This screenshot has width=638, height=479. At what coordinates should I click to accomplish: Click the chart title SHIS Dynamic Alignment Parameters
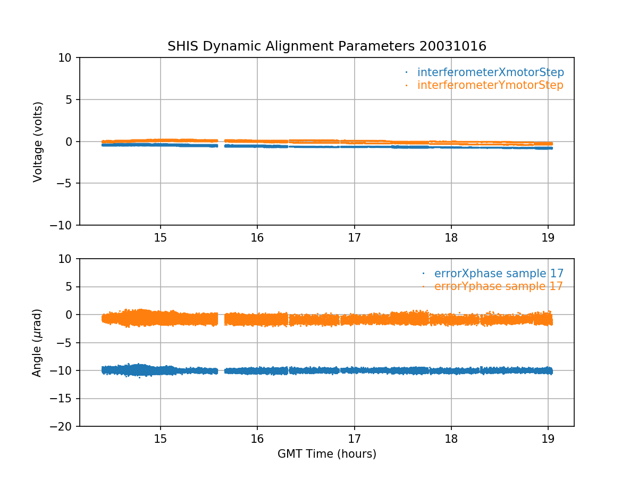tap(290, 46)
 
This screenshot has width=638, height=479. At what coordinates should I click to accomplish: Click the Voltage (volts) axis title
tap(38, 142)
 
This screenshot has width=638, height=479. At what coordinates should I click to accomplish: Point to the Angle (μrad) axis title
tap(37, 343)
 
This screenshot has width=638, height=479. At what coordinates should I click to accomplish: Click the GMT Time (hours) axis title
tap(326, 454)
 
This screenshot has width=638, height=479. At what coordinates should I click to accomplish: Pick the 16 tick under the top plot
tap(257, 238)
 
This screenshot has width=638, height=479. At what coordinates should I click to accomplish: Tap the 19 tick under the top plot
tap(548, 238)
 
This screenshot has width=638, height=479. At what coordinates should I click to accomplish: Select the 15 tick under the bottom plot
tap(161, 439)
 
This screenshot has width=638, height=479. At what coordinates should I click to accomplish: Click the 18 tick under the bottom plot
tap(451, 439)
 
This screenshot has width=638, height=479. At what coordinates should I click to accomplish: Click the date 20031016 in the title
tap(453, 46)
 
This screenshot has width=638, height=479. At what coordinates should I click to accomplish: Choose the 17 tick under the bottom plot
tap(354, 439)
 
